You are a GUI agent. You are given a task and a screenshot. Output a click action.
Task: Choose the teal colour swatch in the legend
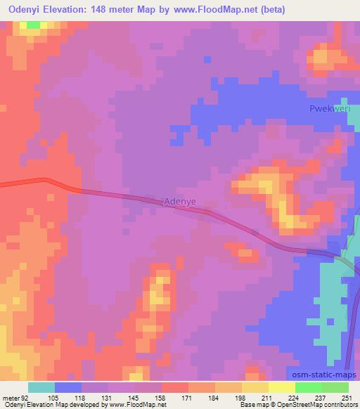click(41, 387)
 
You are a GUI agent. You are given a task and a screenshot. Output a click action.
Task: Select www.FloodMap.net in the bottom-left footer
click(138, 405)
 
